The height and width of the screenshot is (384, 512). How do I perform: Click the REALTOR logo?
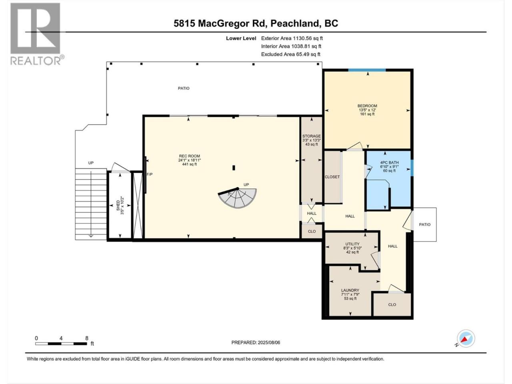point(37,34)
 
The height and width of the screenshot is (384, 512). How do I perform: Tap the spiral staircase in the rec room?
point(238,198)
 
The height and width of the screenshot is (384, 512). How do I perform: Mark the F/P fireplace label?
point(150,174)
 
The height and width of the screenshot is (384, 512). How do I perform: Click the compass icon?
point(466,338)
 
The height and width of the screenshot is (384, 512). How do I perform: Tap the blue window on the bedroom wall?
point(367,70)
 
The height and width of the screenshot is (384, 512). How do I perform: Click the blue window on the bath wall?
point(412,168)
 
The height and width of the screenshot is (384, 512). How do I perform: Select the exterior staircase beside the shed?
point(91,204)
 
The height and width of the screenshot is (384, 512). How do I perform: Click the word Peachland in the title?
point(295,24)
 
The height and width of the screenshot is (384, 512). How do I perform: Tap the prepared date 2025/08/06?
point(269,342)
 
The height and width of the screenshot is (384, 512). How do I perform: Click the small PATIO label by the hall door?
point(424,224)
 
